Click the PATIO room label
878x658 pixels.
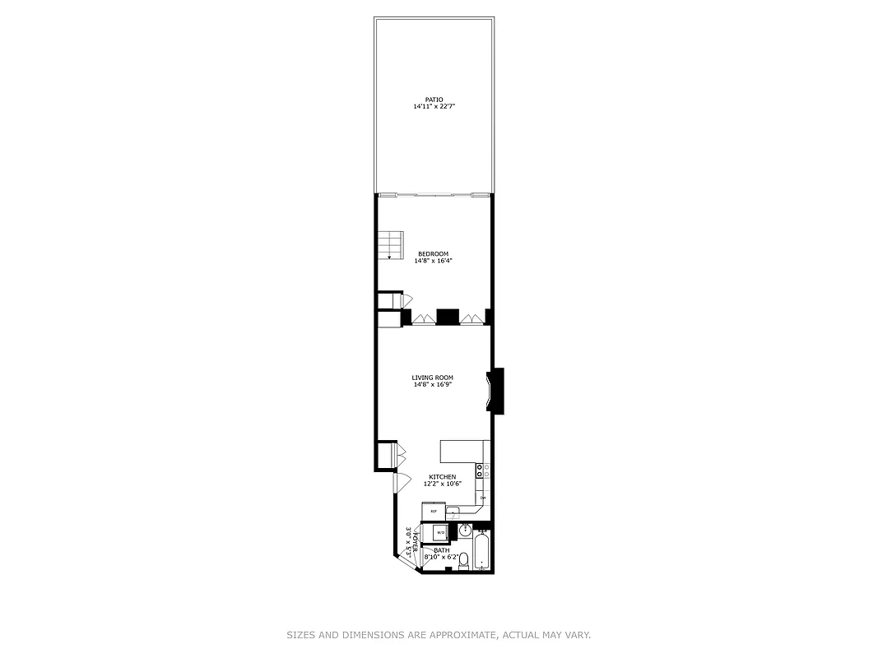click(x=434, y=100)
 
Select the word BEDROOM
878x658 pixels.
click(x=433, y=253)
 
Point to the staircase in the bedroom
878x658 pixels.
click(x=390, y=245)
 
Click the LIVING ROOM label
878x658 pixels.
click(x=433, y=378)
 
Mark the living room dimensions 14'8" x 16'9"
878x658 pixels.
click(x=433, y=384)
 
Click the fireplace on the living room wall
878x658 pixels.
click(x=495, y=390)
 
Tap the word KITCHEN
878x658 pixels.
click(x=442, y=477)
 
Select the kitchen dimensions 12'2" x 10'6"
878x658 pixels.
click(x=442, y=484)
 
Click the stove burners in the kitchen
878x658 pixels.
click(x=483, y=471)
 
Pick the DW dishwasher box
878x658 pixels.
click(x=483, y=498)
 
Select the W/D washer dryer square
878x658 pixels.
click(x=440, y=533)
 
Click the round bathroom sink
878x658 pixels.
click(x=465, y=531)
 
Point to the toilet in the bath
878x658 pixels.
click(x=463, y=560)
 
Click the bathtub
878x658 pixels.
click(x=482, y=550)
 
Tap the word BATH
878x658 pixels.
click(x=442, y=550)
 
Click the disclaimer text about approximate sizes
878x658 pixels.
click(x=439, y=635)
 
